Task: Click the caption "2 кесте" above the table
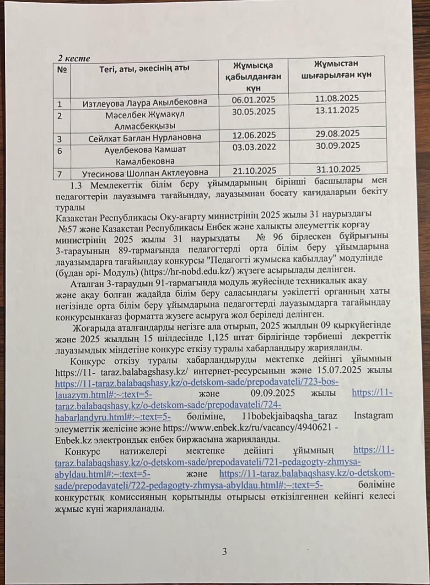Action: [x=74, y=58]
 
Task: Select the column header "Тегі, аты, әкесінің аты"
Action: [x=144, y=69]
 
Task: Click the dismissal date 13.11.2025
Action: [x=337, y=110]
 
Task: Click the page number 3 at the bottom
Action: [x=224, y=551]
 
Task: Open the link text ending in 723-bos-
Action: [x=197, y=382]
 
